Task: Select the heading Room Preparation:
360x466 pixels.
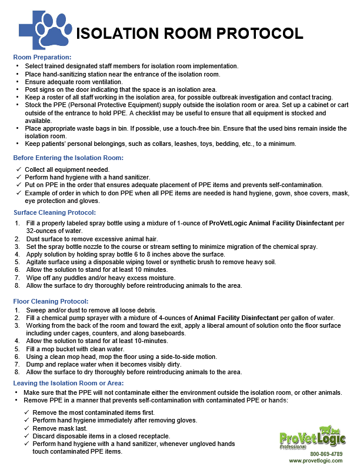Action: click(42, 57)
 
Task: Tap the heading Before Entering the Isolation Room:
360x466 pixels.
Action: click(69, 158)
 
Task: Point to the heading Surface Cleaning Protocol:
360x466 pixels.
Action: click(55, 212)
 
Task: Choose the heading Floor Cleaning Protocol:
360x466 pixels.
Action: click(51, 301)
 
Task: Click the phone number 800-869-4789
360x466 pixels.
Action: click(326, 454)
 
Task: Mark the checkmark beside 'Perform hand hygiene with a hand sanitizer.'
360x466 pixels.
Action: click(19, 177)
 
